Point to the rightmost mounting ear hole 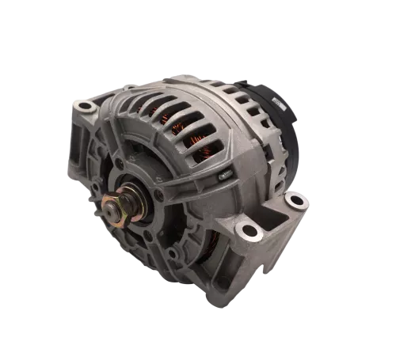point(296,199)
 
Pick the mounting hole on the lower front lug point(249,231)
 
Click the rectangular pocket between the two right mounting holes point(273,214)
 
